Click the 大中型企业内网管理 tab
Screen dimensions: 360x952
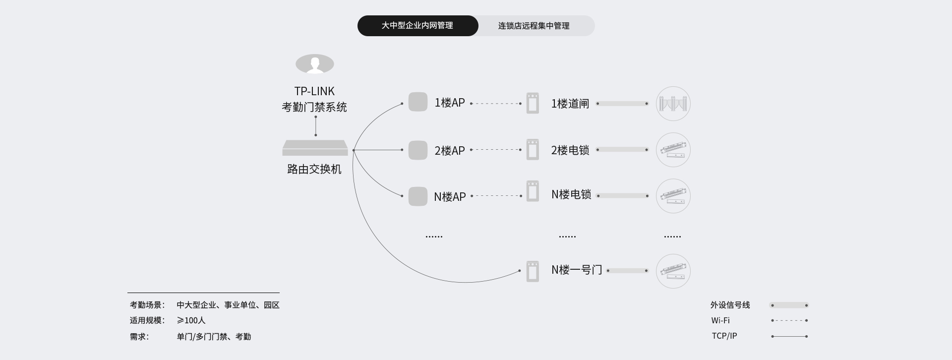(417, 26)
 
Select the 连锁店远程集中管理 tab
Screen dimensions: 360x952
(534, 26)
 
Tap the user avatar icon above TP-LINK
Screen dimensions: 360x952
(315, 64)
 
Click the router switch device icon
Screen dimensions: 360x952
(315, 148)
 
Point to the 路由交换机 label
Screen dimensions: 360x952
(314, 169)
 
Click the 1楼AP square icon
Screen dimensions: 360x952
(418, 102)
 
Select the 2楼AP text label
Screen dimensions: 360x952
(450, 150)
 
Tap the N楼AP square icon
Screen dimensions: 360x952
(418, 196)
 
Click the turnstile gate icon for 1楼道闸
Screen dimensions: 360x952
(673, 104)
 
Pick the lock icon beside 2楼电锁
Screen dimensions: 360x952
(673, 150)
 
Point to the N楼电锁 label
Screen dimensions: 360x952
(571, 194)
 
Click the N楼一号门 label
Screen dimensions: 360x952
(577, 270)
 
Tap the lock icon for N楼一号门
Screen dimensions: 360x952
(673, 271)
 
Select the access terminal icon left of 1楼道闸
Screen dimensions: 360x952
(533, 103)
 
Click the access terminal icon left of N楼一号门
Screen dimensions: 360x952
(533, 271)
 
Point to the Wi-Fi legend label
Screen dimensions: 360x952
(720, 320)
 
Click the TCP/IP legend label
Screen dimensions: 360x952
(724, 336)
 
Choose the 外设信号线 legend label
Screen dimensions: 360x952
(730, 305)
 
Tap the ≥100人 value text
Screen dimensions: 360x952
(191, 320)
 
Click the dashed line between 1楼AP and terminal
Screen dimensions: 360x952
(496, 104)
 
